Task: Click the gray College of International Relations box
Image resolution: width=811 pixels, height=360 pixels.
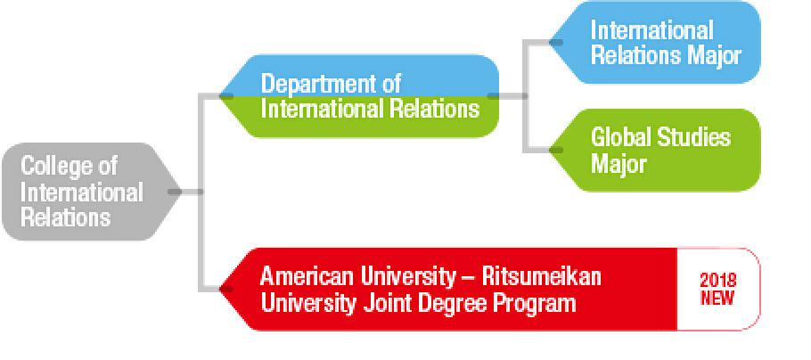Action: coord(91,192)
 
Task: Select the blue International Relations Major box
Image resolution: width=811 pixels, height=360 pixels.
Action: coord(655,43)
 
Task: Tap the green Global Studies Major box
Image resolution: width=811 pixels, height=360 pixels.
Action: coord(655,150)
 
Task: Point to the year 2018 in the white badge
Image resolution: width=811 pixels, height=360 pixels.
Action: coord(718,281)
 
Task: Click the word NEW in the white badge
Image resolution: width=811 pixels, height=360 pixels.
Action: coord(718,299)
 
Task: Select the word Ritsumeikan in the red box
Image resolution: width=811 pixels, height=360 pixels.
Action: coord(542,277)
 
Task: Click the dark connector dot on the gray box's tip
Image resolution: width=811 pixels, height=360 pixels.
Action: coord(175,192)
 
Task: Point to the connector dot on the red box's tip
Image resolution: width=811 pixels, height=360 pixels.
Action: coord(226,289)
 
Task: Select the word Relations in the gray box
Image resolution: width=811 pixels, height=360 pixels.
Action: coord(66,217)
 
